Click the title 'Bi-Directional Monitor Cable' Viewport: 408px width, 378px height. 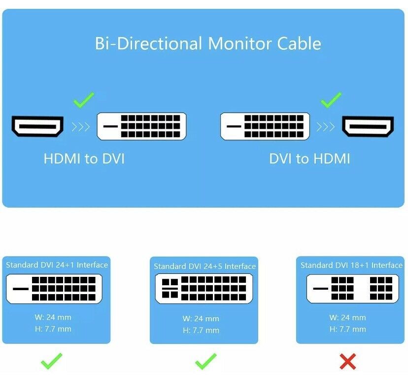207,43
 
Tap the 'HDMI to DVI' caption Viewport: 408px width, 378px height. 84,158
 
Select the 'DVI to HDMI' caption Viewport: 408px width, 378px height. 309,158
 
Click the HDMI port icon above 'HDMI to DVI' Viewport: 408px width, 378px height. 37,126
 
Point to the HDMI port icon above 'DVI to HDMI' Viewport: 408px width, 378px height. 368,126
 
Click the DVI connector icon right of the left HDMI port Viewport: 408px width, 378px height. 141,126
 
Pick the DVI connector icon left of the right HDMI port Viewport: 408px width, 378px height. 265,126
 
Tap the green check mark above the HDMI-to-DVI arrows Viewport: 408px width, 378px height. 84,100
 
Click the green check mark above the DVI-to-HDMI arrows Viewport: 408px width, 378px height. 331,100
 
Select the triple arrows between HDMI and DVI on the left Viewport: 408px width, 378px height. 81,127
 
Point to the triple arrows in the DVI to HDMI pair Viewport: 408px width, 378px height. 326,127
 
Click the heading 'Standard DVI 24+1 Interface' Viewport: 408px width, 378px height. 57,265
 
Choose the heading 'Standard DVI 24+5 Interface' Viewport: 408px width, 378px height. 205,266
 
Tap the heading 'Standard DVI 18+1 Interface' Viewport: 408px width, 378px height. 351,265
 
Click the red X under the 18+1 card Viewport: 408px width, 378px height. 348,361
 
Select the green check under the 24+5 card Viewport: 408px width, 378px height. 206,361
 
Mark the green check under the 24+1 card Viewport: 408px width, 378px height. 52,361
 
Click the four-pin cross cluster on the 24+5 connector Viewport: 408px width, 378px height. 170,288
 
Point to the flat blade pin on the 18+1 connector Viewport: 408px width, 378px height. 321,289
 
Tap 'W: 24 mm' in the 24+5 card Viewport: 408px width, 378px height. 201,319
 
